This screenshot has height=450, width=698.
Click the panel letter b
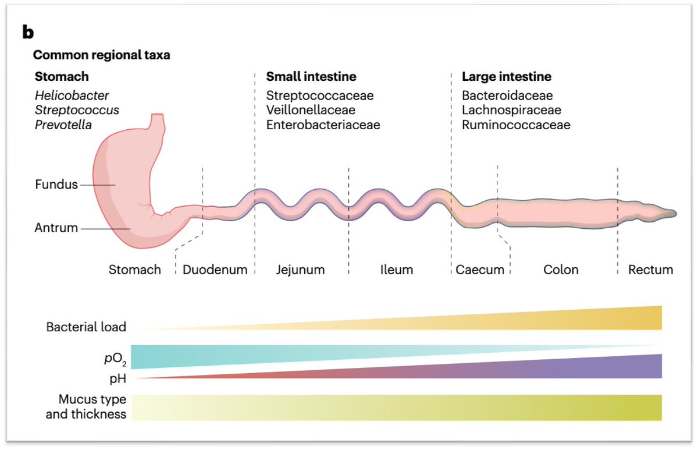(x=28, y=33)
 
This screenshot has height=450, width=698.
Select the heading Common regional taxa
(x=101, y=55)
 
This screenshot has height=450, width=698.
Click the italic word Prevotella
(x=63, y=125)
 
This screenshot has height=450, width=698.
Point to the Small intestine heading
(x=311, y=77)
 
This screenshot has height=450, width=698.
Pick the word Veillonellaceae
(x=311, y=110)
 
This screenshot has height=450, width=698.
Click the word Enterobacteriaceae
(x=323, y=125)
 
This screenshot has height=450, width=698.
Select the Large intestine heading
(x=507, y=77)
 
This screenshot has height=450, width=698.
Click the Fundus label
(x=56, y=185)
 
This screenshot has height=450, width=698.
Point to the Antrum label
(x=56, y=228)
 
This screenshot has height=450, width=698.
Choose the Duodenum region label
(x=215, y=270)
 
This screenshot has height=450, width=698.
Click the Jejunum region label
(x=300, y=270)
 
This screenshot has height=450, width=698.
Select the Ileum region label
(x=397, y=270)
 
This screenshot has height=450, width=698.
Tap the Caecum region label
(x=480, y=270)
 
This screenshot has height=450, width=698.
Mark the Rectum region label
(x=650, y=270)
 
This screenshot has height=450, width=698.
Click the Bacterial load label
(x=86, y=327)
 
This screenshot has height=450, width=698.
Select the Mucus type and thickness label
(x=92, y=407)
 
